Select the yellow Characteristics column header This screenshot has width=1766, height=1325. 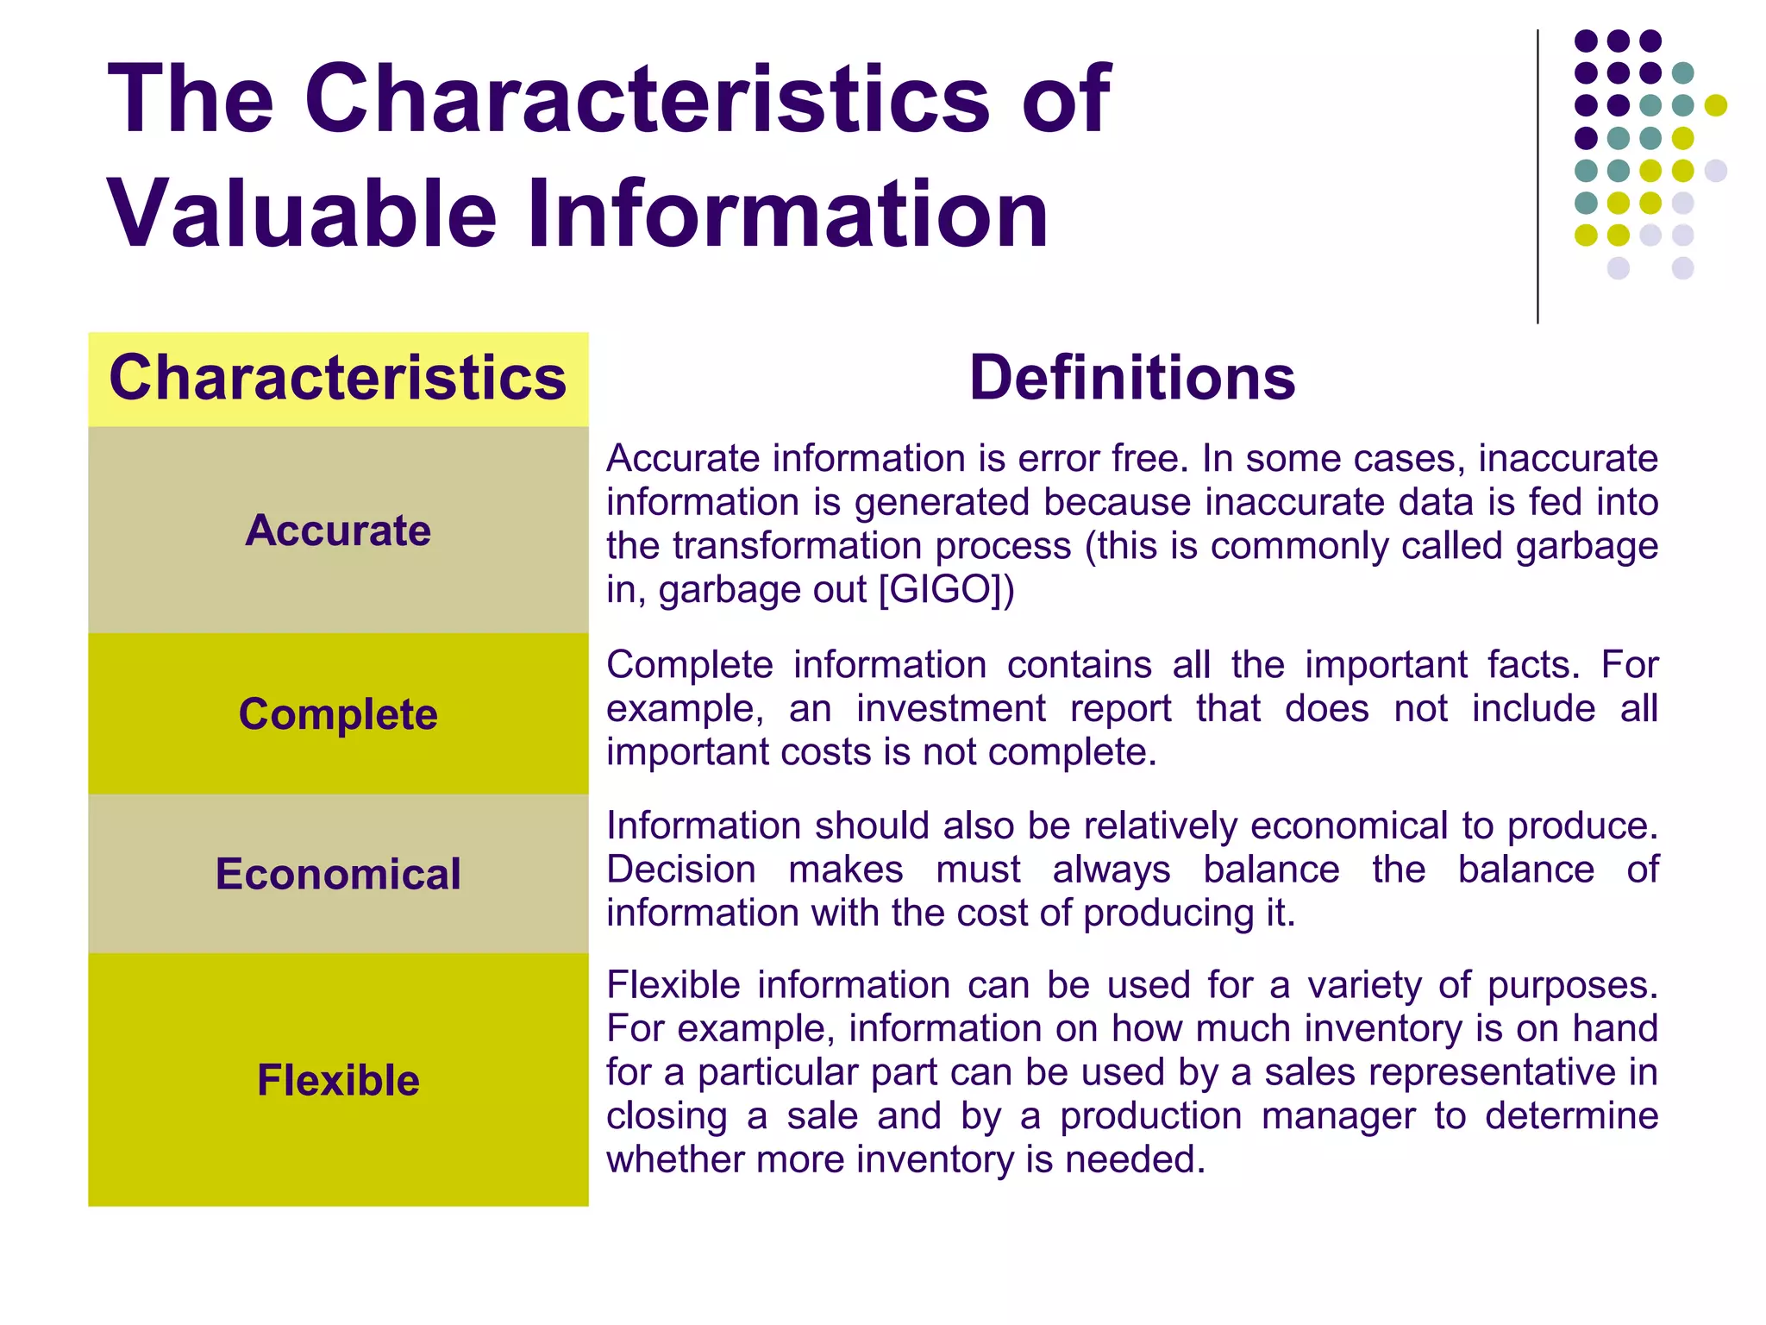point(338,378)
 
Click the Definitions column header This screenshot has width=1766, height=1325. point(1131,378)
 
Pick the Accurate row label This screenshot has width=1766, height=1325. point(338,530)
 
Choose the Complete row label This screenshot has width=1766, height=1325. point(338,714)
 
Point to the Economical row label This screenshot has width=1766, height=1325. point(338,874)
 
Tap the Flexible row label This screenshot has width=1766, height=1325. point(338,1080)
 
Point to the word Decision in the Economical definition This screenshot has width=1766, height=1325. point(681,870)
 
